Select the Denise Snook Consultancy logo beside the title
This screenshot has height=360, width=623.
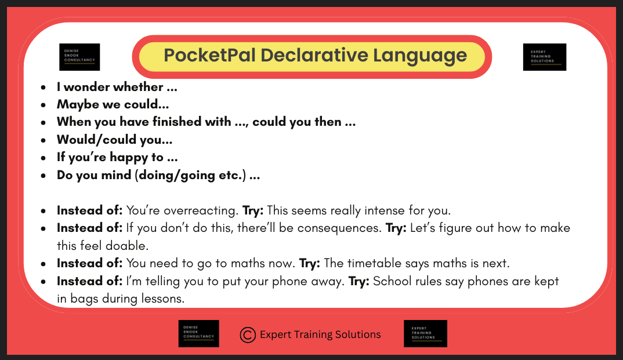[79, 57]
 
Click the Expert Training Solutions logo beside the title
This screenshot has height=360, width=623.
[544, 57]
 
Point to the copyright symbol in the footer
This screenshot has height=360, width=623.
[248, 334]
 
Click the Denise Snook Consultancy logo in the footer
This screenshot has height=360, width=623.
[198, 333]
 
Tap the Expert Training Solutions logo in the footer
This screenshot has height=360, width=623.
[425, 333]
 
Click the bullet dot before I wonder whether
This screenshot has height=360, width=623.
[44, 88]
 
